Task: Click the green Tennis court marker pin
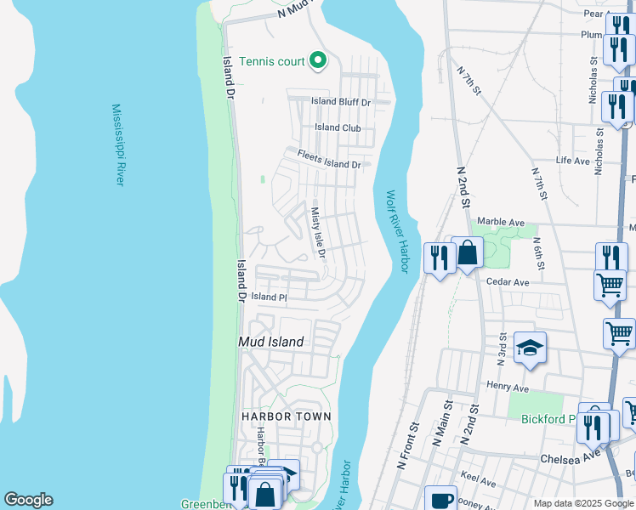pyautogui.click(x=318, y=59)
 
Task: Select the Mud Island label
pyautogui.click(x=270, y=342)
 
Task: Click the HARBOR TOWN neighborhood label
pyautogui.click(x=286, y=416)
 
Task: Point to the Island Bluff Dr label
pyautogui.click(x=341, y=101)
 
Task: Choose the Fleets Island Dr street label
pyautogui.click(x=329, y=158)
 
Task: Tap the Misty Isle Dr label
pyautogui.click(x=318, y=233)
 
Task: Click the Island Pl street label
pyautogui.click(x=270, y=297)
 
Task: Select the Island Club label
pyautogui.click(x=338, y=127)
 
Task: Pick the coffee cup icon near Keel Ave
pyautogui.click(x=440, y=499)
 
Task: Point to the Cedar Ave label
pyautogui.click(x=508, y=282)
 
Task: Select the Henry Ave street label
pyautogui.click(x=508, y=388)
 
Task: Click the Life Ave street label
pyautogui.click(x=572, y=160)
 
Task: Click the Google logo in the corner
pyautogui.click(x=28, y=500)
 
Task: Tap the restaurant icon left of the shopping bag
pyautogui.click(x=439, y=257)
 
